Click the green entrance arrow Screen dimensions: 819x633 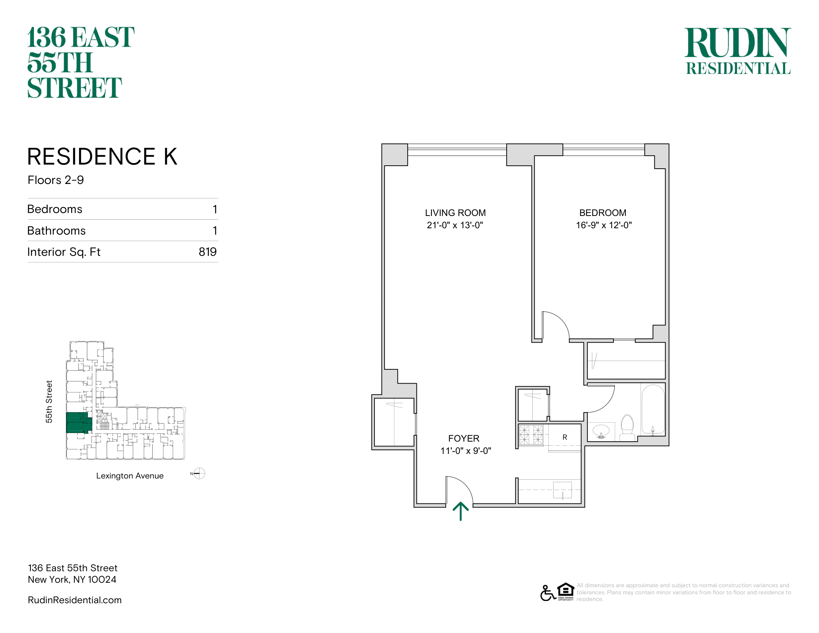[x=461, y=512]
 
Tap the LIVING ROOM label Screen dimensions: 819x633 [x=455, y=213]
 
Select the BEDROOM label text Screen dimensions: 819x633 [x=603, y=213]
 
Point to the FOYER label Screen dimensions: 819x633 [x=464, y=438]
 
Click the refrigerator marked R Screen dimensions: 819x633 [x=565, y=438]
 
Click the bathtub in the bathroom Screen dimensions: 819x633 [x=653, y=410]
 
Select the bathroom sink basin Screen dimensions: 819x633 [x=601, y=430]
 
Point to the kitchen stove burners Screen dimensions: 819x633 [x=531, y=435]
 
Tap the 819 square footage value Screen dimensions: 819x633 [x=208, y=252]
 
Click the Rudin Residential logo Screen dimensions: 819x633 [x=738, y=51]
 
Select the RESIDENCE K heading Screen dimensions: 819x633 [x=102, y=156]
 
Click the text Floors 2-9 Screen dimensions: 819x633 [x=55, y=180]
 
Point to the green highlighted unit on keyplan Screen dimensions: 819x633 [x=79, y=423]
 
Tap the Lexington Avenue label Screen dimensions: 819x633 [x=130, y=476]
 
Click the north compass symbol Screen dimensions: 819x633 [x=198, y=474]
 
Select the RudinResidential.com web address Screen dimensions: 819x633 [x=74, y=600]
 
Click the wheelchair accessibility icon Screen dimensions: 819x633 [x=548, y=593]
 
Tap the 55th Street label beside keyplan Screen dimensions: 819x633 [x=49, y=402]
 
